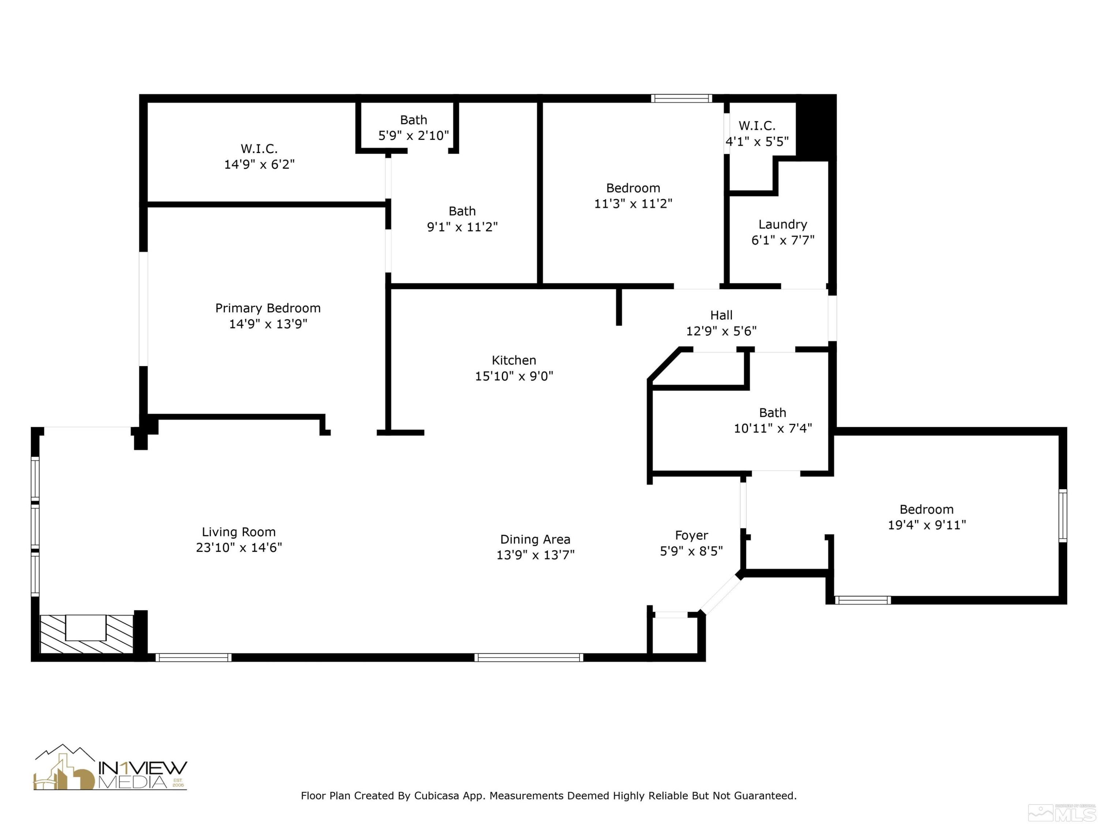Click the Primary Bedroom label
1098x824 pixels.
pyautogui.click(x=268, y=308)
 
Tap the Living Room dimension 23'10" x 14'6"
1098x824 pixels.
pyautogui.click(x=239, y=548)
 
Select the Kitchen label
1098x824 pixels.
pyautogui.click(x=514, y=360)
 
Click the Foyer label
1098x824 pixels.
pyautogui.click(x=691, y=535)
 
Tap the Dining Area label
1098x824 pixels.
pyautogui.click(x=535, y=539)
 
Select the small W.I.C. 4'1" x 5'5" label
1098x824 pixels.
pyautogui.click(x=757, y=134)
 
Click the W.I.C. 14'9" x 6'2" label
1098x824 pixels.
pyautogui.click(x=259, y=156)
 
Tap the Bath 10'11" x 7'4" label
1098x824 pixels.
pyautogui.click(x=772, y=420)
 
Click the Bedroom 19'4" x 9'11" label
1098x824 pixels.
pyautogui.click(x=926, y=516)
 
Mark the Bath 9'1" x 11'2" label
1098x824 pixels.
pyautogui.click(x=462, y=219)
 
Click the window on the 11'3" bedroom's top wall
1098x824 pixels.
pyautogui.click(x=681, y=99)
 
